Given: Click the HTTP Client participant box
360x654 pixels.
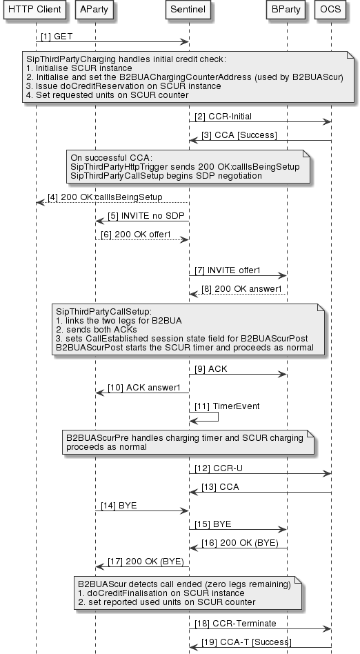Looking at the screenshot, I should (35, 10).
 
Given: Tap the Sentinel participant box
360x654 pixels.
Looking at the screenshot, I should (189, 10).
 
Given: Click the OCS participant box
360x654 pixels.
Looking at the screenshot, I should (331, 10).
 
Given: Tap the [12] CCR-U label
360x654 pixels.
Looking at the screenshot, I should (214, 468).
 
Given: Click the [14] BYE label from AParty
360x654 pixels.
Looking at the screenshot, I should (119, 505).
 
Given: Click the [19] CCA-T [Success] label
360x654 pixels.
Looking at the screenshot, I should (249, 642).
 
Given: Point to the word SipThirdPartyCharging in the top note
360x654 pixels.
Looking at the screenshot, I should (67, 60).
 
